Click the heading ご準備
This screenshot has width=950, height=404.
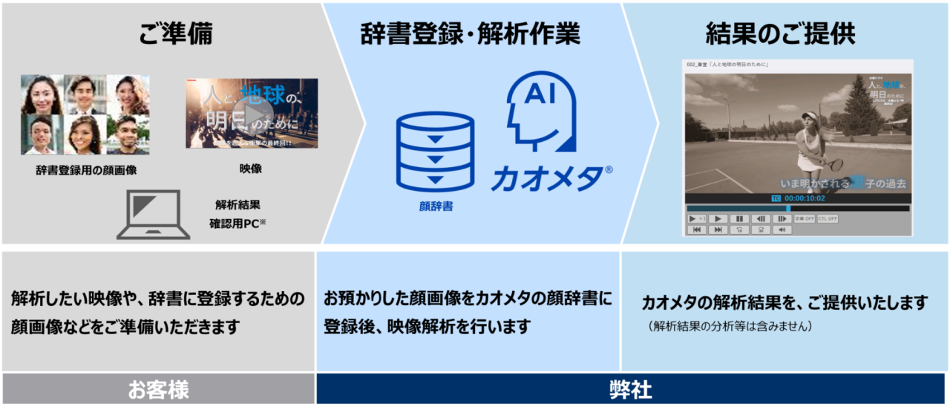point(175,34)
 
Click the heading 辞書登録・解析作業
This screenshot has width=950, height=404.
point(471,34)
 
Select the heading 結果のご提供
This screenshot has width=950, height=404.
point(780,34)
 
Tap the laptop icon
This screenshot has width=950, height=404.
point(154,215)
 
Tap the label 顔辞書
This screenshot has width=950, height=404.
point(435,206)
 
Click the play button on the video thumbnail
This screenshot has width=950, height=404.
point(247,113)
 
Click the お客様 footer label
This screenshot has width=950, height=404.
point(158,389)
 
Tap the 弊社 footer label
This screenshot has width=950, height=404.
point(632,389)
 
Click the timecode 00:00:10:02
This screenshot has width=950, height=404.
point(804,198)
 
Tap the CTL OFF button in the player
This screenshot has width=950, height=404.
point(828,219)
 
